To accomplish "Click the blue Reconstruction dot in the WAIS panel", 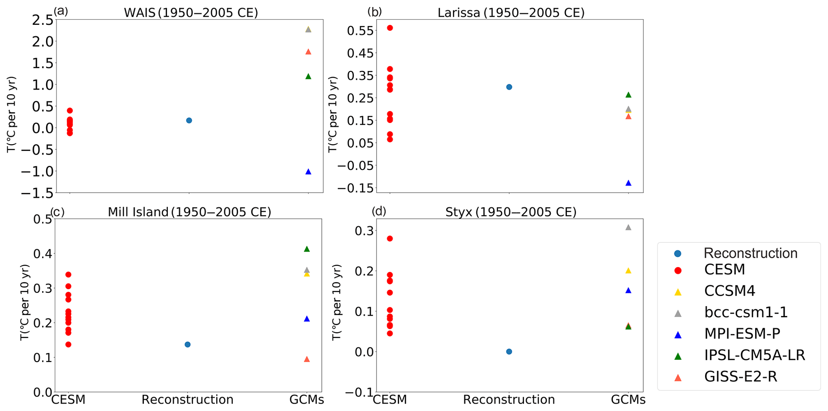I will (189, 120).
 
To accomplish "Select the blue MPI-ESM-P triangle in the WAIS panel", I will (308, 172).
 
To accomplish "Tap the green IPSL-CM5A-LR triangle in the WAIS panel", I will (308, 77).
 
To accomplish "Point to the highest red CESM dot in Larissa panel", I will (390, 28).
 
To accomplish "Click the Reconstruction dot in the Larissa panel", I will (509, 87).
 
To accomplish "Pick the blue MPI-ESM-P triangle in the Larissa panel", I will (628, 183).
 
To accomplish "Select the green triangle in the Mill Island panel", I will (307, 249).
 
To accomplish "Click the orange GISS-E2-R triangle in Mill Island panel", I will (307, 359).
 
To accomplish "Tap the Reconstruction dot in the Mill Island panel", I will (187, 345).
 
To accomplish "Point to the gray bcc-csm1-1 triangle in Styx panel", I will (628, 228).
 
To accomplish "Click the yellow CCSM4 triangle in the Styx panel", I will (628, 271).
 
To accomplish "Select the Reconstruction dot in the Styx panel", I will (509, 351).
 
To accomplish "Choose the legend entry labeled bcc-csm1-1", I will (745, 312).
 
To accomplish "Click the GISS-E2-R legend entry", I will (740, 377).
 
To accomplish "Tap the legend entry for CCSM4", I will (729, 291).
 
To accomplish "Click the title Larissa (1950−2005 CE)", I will (511, 13).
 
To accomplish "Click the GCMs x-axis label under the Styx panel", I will (628, 400).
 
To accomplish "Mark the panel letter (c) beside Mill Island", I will (57, 212).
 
